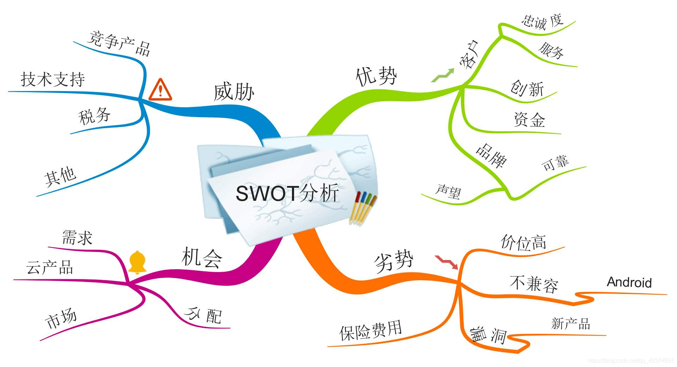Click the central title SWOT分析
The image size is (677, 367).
click(287, 193)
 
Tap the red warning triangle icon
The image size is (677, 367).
click(160, 90)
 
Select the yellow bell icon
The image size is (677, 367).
click(137, 262)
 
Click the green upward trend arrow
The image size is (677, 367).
click(443, 75)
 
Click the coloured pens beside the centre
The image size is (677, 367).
click(363, 208)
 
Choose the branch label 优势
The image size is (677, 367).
click(376, 76)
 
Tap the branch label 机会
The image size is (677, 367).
click(202, 257)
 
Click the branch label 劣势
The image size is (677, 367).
click(394, 261)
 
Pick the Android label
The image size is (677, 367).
click(629, 282)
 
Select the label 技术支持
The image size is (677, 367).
click(53, 79)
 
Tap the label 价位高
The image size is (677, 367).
click(524, 242)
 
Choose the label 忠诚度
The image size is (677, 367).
click(542, 22)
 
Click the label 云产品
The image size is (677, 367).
click(50, 267)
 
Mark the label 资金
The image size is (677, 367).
click(529, 120)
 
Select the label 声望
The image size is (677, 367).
click(448, 192)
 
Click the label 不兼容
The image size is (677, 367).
click(534, 284)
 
